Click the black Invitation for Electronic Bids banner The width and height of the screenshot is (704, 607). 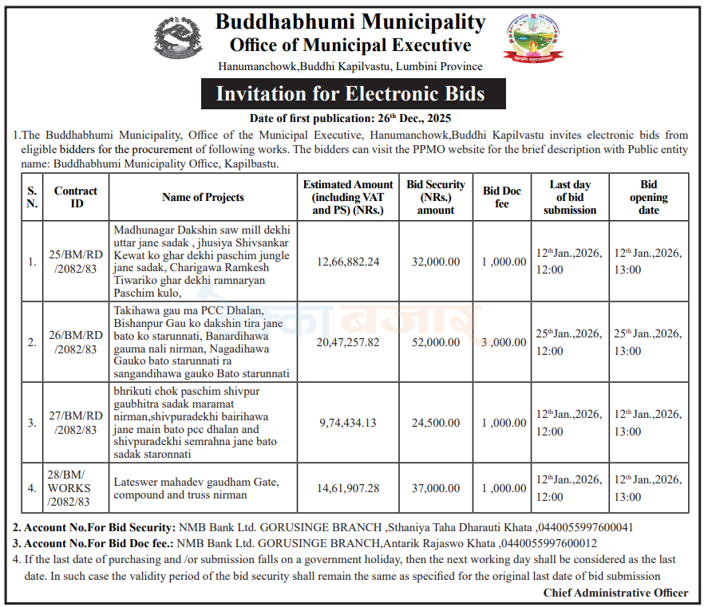click(350, 94)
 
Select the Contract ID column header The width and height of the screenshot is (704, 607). click(76, 197)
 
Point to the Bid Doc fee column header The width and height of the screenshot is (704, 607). click(502, 197)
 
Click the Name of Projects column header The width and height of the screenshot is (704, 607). click(203, 197)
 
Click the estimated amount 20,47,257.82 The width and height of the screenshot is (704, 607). click(348, 341)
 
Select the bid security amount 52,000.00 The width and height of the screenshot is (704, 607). click(436, 341)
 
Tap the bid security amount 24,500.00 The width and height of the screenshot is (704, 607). click(436, 423)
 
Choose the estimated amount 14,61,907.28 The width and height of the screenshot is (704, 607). click(348, 487)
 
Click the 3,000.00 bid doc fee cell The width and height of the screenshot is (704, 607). click(504, 341)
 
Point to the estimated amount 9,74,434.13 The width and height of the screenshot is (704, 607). click(348, 423)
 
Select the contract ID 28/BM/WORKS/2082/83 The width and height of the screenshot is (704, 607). click(69, 487)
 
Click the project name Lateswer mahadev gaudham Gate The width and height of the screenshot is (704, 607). click(196, 482)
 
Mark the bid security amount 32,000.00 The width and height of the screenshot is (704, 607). click(436, 262)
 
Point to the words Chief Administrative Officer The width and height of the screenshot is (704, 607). click(615, 593)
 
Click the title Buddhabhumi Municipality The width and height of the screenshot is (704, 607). click(350, 22)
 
